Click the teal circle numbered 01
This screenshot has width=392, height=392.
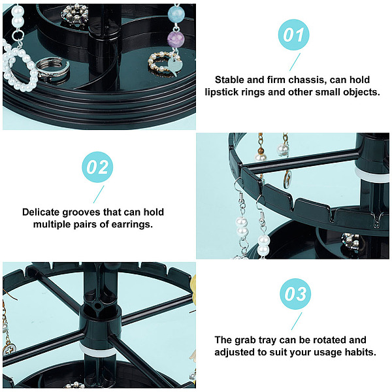point(293,35)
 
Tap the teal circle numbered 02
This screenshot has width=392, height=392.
point(97,167)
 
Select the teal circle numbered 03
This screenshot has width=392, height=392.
point(295,294)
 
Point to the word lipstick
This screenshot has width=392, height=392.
point(221,92)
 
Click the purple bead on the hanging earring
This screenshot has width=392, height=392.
point(175,39)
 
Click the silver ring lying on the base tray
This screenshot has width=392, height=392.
point(52,69)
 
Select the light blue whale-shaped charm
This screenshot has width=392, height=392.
point(175,66)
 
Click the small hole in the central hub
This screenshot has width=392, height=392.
point(97,306)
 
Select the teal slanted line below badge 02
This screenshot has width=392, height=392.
point(99,194)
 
